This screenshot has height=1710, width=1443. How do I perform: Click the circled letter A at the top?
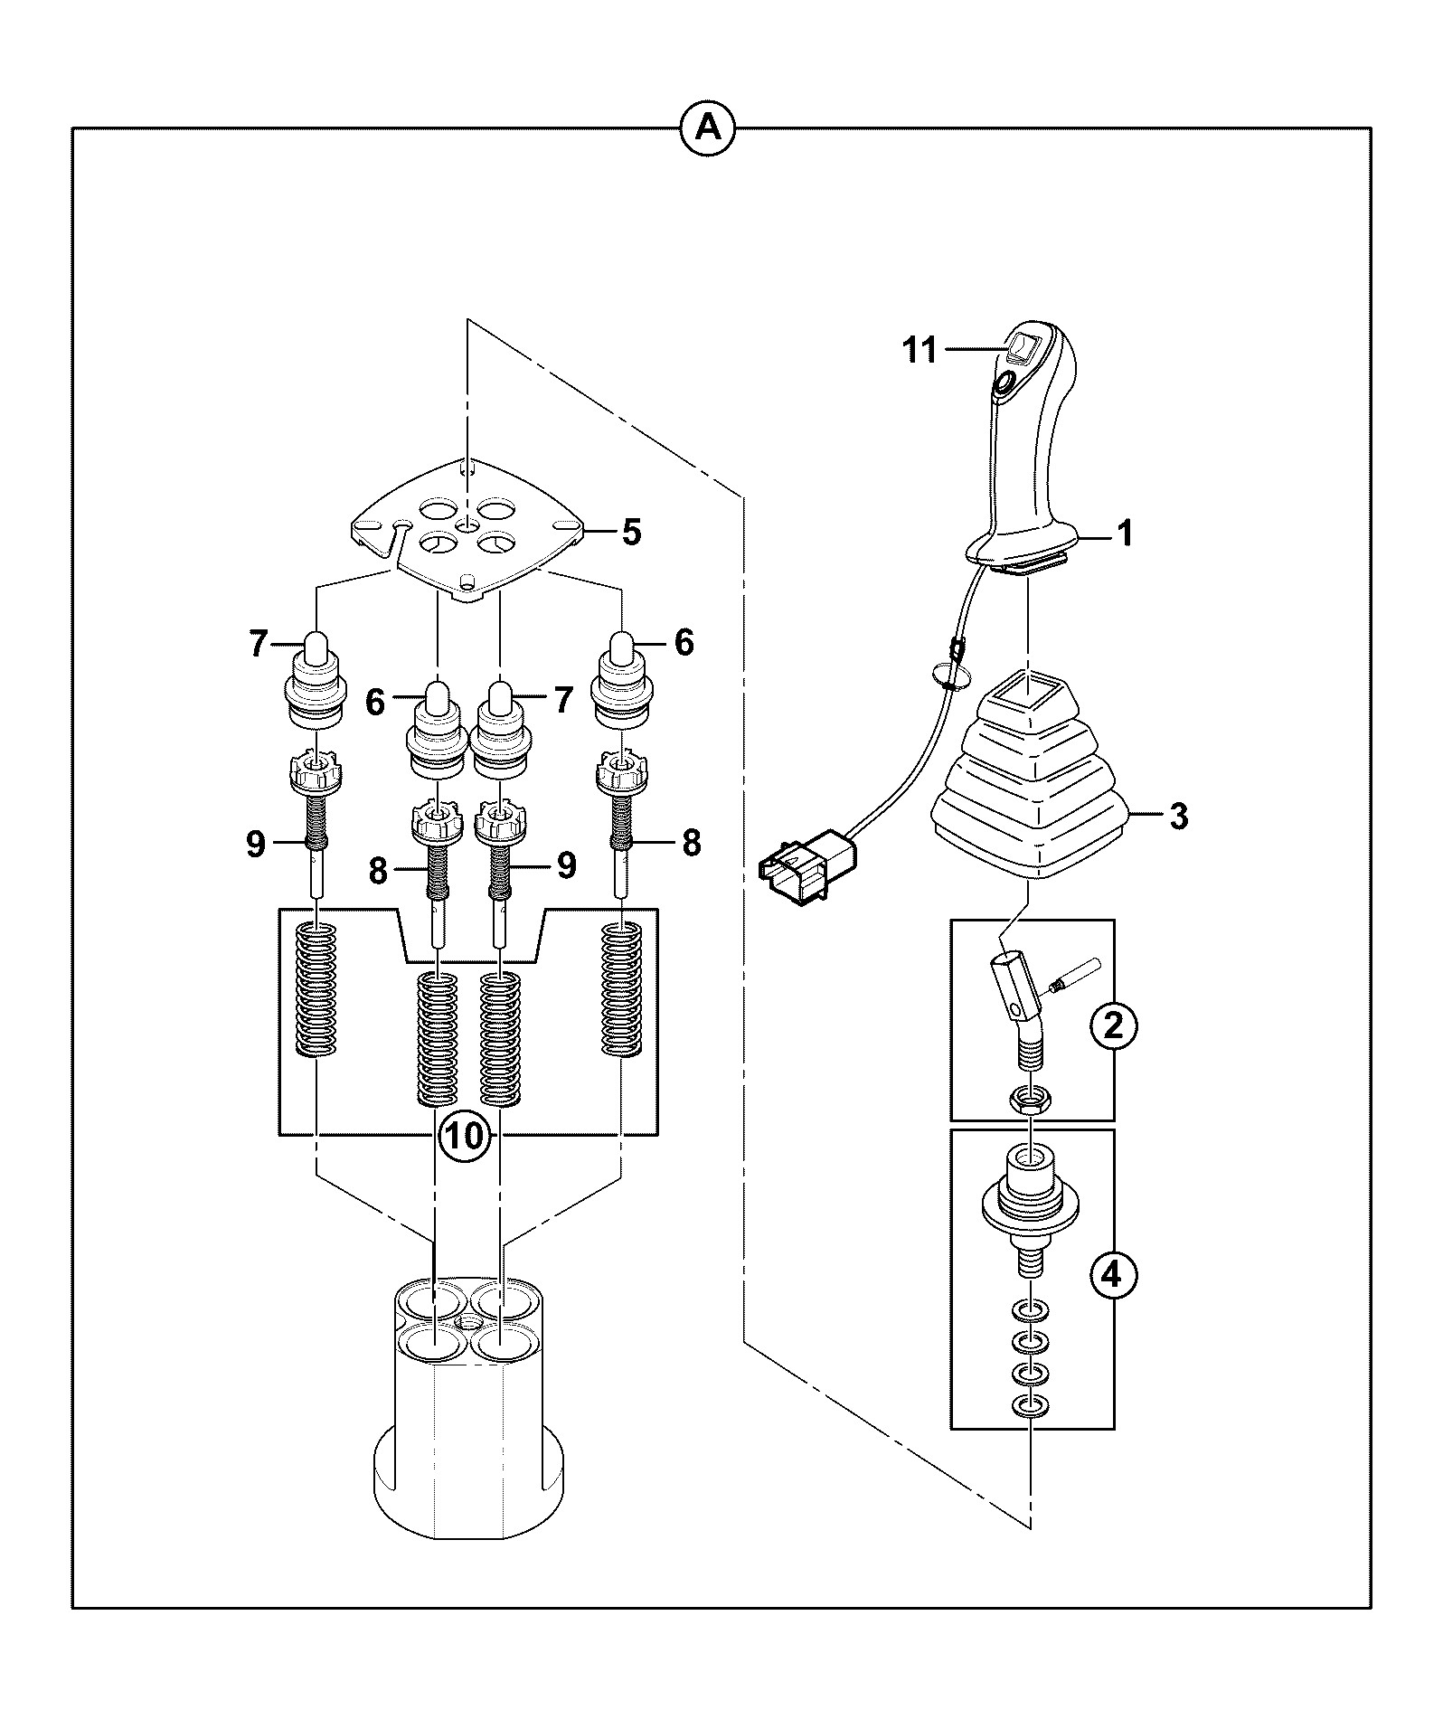[x=707, y=129]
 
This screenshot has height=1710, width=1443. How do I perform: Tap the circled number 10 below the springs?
[x=467, y=1136]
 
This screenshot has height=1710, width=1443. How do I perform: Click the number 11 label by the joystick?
[x=920, y=350]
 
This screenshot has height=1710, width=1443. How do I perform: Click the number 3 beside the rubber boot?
[x=1178, y=816]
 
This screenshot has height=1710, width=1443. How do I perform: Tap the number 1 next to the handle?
[x=1126, y=534]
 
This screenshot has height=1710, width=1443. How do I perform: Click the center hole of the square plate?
[x=467, y=525]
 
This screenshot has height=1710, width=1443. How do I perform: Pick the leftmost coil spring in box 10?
[x=317, y=988]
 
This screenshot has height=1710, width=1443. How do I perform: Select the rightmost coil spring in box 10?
[x=622, y=988]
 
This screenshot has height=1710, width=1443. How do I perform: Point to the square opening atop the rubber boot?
[x=1030, y=695]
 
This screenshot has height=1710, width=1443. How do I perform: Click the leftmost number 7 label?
[x=259, y=644]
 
